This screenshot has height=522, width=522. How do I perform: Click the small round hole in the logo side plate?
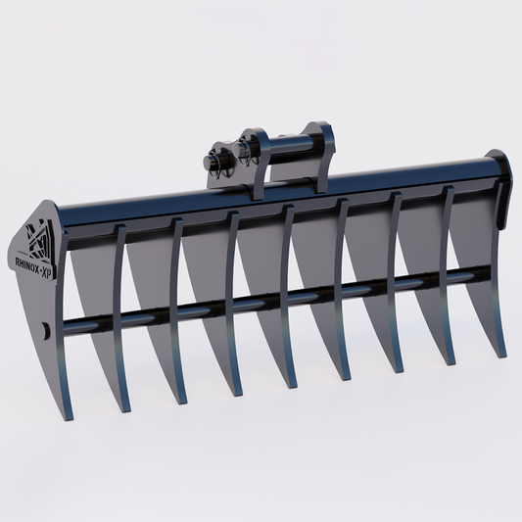click(46, 331)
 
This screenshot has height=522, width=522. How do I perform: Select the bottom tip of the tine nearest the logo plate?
click(124, 409)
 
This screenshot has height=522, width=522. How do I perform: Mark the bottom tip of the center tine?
click(291, 385)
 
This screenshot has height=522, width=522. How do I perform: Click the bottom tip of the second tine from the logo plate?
click(180, 402)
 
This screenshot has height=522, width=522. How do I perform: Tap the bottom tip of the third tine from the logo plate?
click(235, 394)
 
